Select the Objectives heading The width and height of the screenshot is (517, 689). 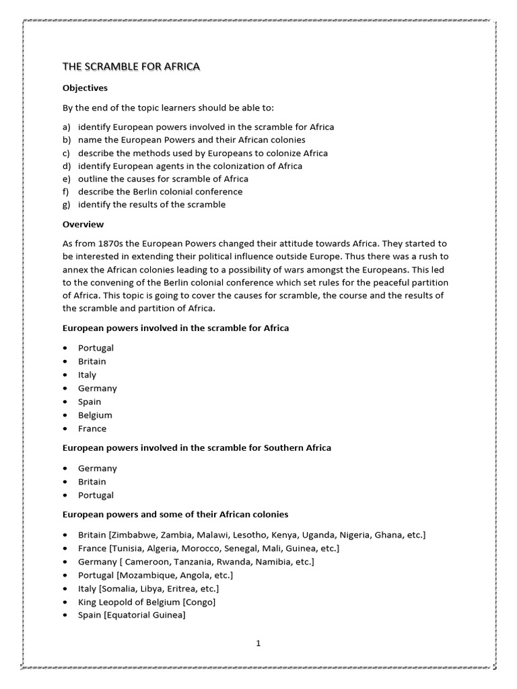coord(85,88)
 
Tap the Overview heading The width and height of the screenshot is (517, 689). coord(83,224)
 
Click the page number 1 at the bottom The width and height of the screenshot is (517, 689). coord(258,643)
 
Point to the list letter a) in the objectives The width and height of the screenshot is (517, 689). coord(66,127)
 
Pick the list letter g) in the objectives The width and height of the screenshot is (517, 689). coord(66,205)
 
